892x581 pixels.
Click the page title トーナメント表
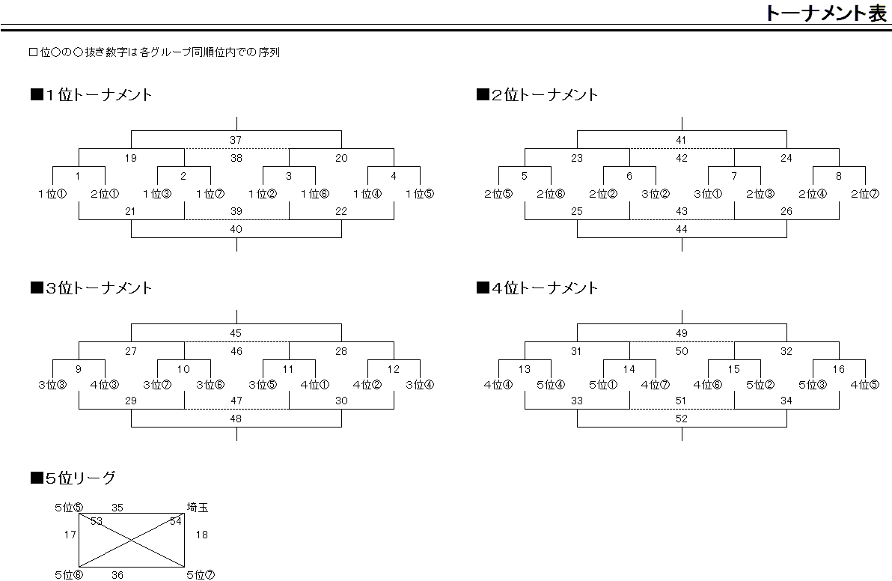[x=825, y=13]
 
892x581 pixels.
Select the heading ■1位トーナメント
[x=91, y=94]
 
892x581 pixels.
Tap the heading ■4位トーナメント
[x=537, y=288]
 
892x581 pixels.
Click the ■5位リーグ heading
[x=73, y=478]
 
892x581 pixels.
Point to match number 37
[x=236, y=140]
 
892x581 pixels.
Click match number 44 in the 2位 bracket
[x=682, y=229]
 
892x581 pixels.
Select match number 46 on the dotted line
[x=236, y=352]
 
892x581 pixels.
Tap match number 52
[x=682, y=419]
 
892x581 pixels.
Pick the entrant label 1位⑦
[x=210, y=194]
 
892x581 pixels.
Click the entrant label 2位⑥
[x=551, y=194]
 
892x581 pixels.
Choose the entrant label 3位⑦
[x=157, y=385]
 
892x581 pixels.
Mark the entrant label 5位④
[x=551, y=385]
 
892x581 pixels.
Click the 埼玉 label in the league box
[x=198, y=507]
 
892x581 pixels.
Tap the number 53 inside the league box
[x=96, y=521]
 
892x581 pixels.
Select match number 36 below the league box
[x=117, y=575]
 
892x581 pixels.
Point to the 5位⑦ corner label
[x=201, y=575]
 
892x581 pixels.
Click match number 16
[x=839, y=369]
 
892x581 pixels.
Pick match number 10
[x=183, y=369]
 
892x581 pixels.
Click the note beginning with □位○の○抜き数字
[x=154, y=52]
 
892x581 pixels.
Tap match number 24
[x=786, y=158]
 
